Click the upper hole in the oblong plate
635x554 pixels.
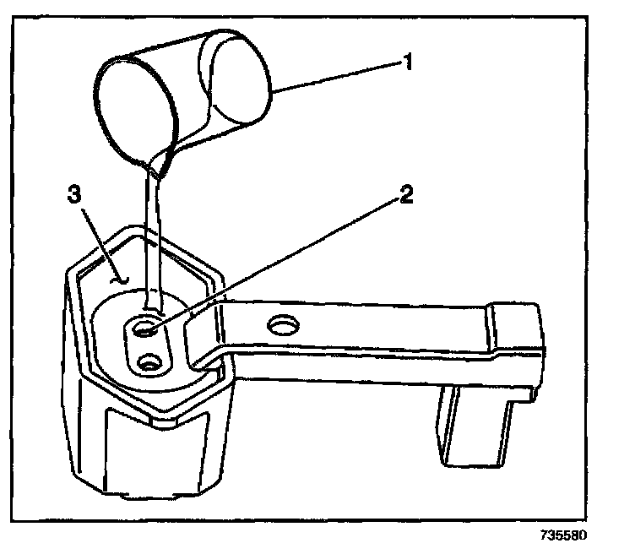click(x=143, y=325)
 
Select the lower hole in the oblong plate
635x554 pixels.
click(x=151, y=363)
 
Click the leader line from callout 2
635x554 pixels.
click(x=279, y=258)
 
